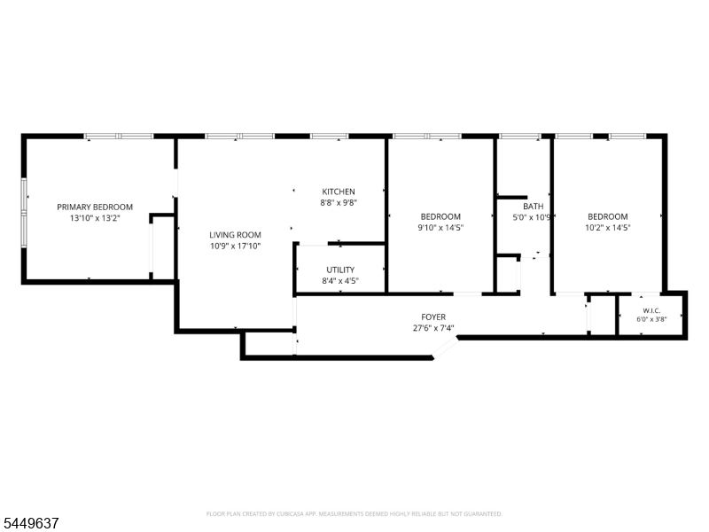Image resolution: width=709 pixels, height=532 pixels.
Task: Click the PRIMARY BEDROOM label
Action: point(95,207)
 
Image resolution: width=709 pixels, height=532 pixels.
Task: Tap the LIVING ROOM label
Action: point(235,235)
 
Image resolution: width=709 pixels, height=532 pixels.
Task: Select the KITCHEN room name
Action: point(339,192)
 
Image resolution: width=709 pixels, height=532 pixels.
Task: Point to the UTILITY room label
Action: point(340,270)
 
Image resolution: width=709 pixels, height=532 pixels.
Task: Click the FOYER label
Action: point(433,317)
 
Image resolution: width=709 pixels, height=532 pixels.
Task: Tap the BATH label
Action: point(534,207)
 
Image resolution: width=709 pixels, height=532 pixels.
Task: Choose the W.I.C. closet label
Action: point(651,311)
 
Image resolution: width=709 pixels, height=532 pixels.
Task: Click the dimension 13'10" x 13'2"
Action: point(95,218)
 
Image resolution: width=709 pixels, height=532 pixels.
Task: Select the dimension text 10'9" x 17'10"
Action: point(235,246)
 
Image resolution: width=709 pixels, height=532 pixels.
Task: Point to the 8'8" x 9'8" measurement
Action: point(339,203)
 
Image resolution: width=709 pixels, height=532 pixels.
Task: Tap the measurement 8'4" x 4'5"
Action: point(340,280)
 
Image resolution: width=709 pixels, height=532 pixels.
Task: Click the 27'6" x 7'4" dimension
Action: point(433,328)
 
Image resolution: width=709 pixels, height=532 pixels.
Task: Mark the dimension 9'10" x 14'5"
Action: point(440,228)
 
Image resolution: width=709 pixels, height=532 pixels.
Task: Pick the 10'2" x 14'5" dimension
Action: point(608,228)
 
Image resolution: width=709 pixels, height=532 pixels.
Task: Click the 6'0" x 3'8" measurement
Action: point(651,319)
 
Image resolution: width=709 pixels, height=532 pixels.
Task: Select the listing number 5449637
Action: point(29,523)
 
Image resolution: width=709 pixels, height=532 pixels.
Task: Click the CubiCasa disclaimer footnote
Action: point(354,514)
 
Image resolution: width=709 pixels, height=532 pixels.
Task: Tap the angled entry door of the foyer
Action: point(446,348)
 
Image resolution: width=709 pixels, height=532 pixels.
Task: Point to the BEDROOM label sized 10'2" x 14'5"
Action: point(608,216)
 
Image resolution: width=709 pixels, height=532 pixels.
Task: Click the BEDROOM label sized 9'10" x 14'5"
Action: point(440,216)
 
